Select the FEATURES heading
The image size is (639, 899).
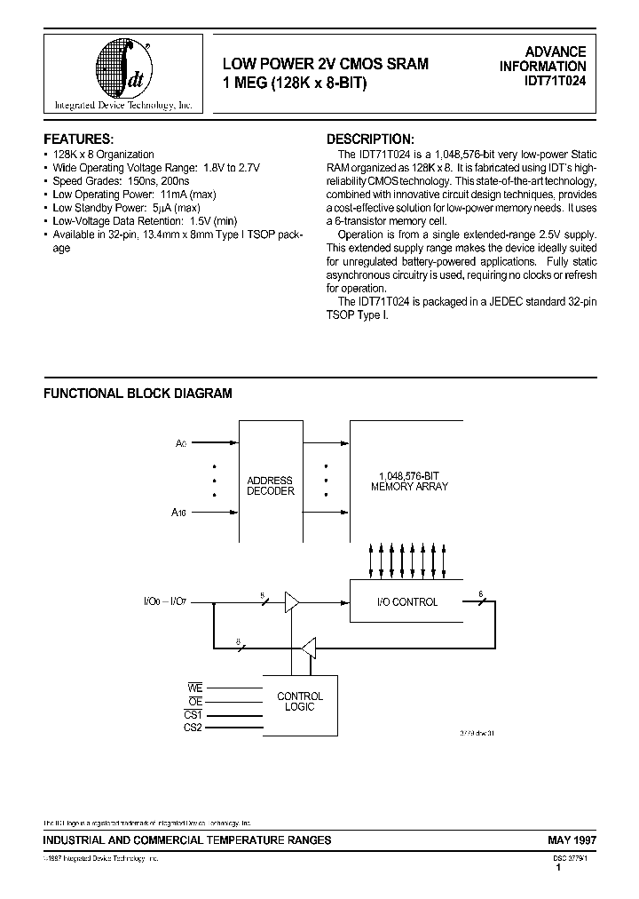pyautogui.click(x=79, y=139)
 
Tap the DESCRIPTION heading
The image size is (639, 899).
pyautogui.click(x=370, y=139)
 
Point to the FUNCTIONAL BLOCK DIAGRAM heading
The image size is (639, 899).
pyautogui.click(x=138, y=394)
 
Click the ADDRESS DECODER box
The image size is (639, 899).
pyautogui.click(x=270, y=485)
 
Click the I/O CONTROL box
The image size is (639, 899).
pyautogui.click(x=406, y=601)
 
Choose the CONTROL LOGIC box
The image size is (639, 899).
pyautogui.click(x=300, y=702)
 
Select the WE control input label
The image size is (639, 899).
pyautogui.click(x=195, y=688)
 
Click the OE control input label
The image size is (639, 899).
pyautogui.click(x=195, y=700)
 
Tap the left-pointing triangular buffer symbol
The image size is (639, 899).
pyautogui.click(x=309, y=648)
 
